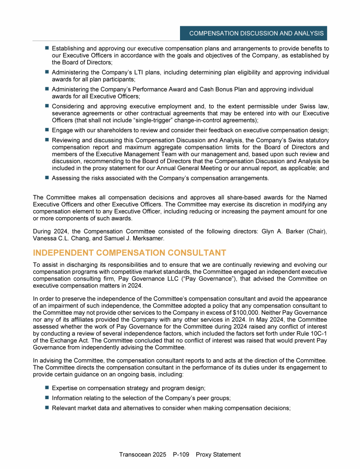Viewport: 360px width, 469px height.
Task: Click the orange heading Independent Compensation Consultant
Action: click(x=129, y=253)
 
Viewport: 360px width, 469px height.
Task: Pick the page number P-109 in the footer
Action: click(x=181, y=454)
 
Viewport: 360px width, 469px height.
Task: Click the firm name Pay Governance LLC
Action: click(x=137, y=279)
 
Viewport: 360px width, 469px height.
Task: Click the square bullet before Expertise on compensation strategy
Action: click(x=47, y=388)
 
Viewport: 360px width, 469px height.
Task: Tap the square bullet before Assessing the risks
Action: click(x=47, y=178)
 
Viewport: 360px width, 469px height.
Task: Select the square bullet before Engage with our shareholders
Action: click(x=47, y=129)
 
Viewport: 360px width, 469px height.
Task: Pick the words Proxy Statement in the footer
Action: click(x=218, y=454)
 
